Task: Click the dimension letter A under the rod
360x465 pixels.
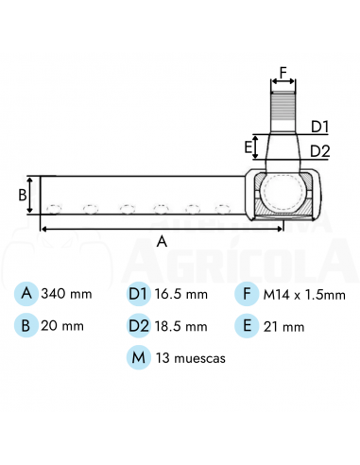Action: coord(162,241)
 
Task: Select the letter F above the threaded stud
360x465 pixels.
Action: coord(283,70)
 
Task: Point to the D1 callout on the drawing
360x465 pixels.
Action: coord(319,126)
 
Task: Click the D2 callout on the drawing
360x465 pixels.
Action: coord(319,150)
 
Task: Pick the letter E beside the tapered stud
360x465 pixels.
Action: coord(249,146)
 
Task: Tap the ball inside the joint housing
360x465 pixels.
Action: coord(283,193)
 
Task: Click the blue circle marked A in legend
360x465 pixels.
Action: coord(26,294)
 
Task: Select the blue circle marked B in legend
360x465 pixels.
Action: coord(26,326)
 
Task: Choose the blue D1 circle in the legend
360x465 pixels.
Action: coord(138,294)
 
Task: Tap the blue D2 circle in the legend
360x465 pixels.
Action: coord(138,326)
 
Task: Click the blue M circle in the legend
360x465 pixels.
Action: coord(138,358)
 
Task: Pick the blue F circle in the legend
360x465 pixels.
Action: coord(247,294)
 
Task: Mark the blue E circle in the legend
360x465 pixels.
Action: coord(247,326)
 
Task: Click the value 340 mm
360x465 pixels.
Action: coord(67,294)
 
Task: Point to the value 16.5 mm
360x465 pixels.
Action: coord(183,294)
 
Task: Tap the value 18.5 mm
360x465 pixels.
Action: coord(183,326)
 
